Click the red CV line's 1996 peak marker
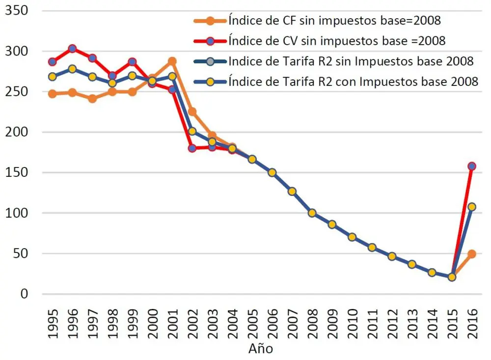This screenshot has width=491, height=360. click(x=72, y=49)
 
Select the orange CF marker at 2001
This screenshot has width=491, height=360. click(x=172, y=61)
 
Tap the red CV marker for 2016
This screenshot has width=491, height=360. click(x=472, y=166)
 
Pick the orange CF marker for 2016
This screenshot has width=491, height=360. click(x=472, y=254)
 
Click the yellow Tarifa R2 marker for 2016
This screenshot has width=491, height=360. click(x=472, y=207)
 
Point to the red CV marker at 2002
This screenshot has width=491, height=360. click(x=192, y=148)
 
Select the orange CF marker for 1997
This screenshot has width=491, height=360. click(x=92, y=98)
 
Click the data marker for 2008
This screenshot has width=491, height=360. click(x=312, y=213)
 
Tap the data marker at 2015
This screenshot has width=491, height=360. click(x=452, y=277)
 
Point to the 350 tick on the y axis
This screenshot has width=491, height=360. click(x=17, y=11)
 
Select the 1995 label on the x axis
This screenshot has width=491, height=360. click(x=53, y=324)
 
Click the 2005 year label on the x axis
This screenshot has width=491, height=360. click(x=252, y=324)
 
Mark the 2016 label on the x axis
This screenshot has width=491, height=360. click(x=472, y=324)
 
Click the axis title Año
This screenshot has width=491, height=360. click(x=261, y=350)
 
